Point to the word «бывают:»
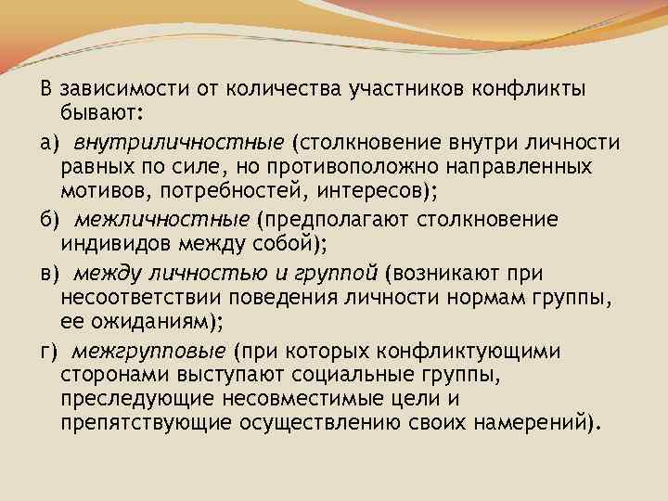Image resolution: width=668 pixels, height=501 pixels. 96,113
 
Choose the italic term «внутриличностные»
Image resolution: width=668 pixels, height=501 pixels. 179,142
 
